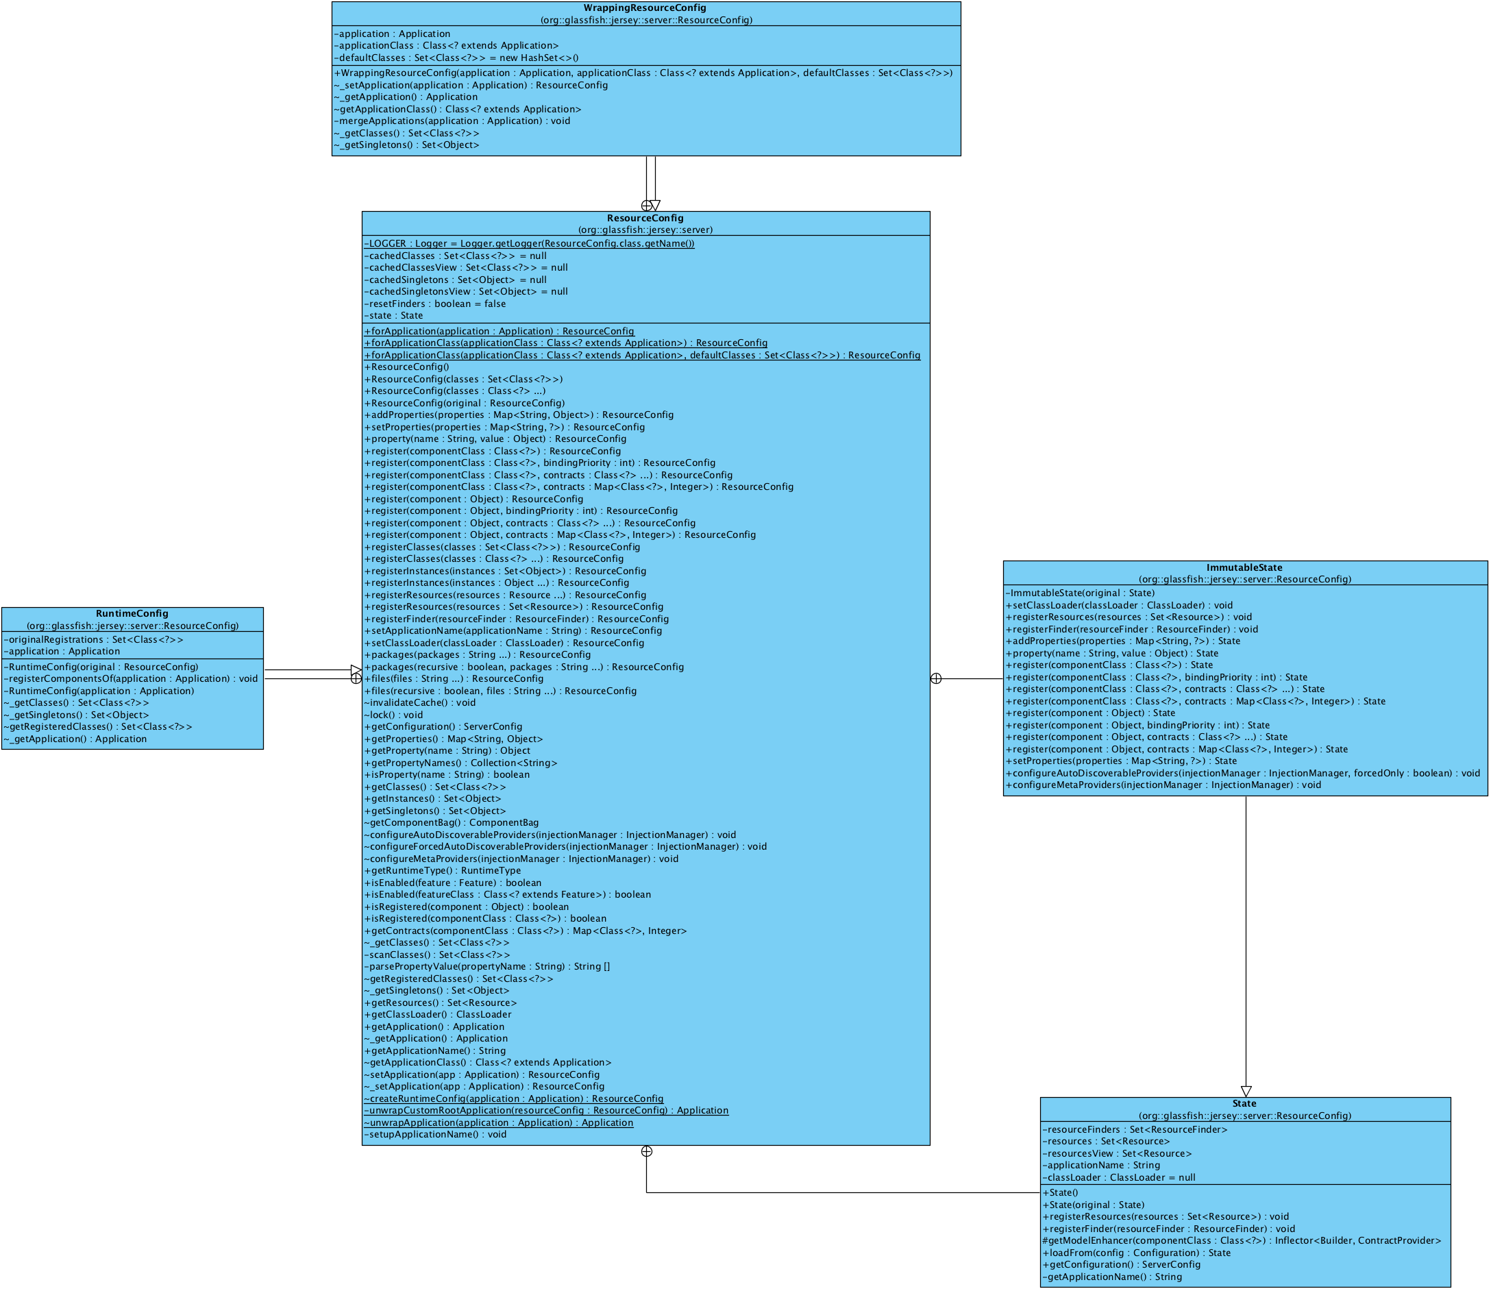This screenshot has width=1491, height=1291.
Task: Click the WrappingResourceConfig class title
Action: pyautogui.click(x=645, y=8)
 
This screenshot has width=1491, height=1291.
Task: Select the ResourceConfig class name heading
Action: pyautogui.click(x=645, y=219)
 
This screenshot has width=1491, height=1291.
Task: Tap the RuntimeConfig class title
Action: pyautogui.click(x=132, y=614)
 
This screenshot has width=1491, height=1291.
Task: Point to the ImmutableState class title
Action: pyautogui.click(x=1244, y=567)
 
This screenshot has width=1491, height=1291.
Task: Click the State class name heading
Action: pyautogui.click(x=1244, y=1104)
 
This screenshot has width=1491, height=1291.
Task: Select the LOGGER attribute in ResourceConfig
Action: pyautogui.click(x=530, y=243)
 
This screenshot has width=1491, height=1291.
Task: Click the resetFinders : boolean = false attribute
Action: pyautogui.click(x=435, y=304)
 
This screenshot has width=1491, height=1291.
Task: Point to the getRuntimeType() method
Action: pyautogui.click(x=442, y=870)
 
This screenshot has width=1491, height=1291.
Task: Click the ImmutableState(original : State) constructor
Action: pyautogui.click(x=1080, y=593)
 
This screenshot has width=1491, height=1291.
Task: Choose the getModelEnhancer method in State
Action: pyautogui.click(x=1241, y=1240)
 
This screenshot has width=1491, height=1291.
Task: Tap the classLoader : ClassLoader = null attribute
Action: pyautogui.click(x=1119, y=1178)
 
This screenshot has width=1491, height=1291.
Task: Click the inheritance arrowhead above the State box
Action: pyautogui.click(x=1246, y=1092)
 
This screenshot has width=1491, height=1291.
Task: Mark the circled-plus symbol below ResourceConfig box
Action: pyautogui.click(x=647, y=1151)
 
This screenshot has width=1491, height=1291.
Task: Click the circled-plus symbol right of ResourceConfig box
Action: pyautogui.click(x=936, y=678)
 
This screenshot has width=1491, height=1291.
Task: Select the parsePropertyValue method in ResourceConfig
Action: pyautogui.click(x=487, y=967)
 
